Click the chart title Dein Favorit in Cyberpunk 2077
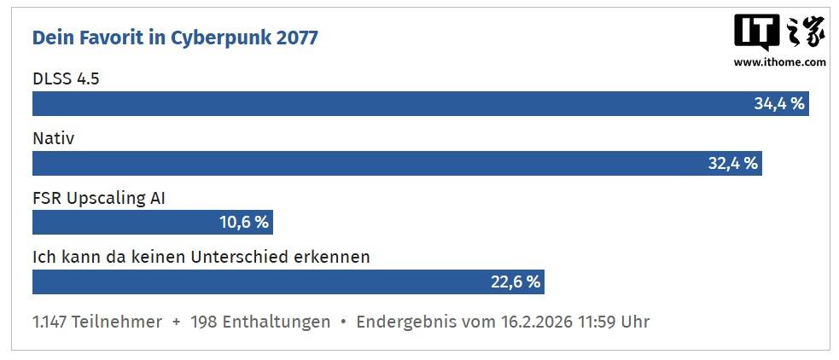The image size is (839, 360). (175, 38)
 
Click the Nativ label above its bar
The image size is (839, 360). (53, 138)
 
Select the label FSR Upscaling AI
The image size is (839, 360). (98, 198)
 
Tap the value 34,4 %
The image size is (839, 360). (779, 104)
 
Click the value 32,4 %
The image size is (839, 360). (733, 164)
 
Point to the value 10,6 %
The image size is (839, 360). (244, 223)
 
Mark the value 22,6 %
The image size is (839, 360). (516, 282)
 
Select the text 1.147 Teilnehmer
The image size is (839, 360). (97, 322)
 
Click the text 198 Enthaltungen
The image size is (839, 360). (260, 322)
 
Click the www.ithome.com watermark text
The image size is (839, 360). (779, 62)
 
